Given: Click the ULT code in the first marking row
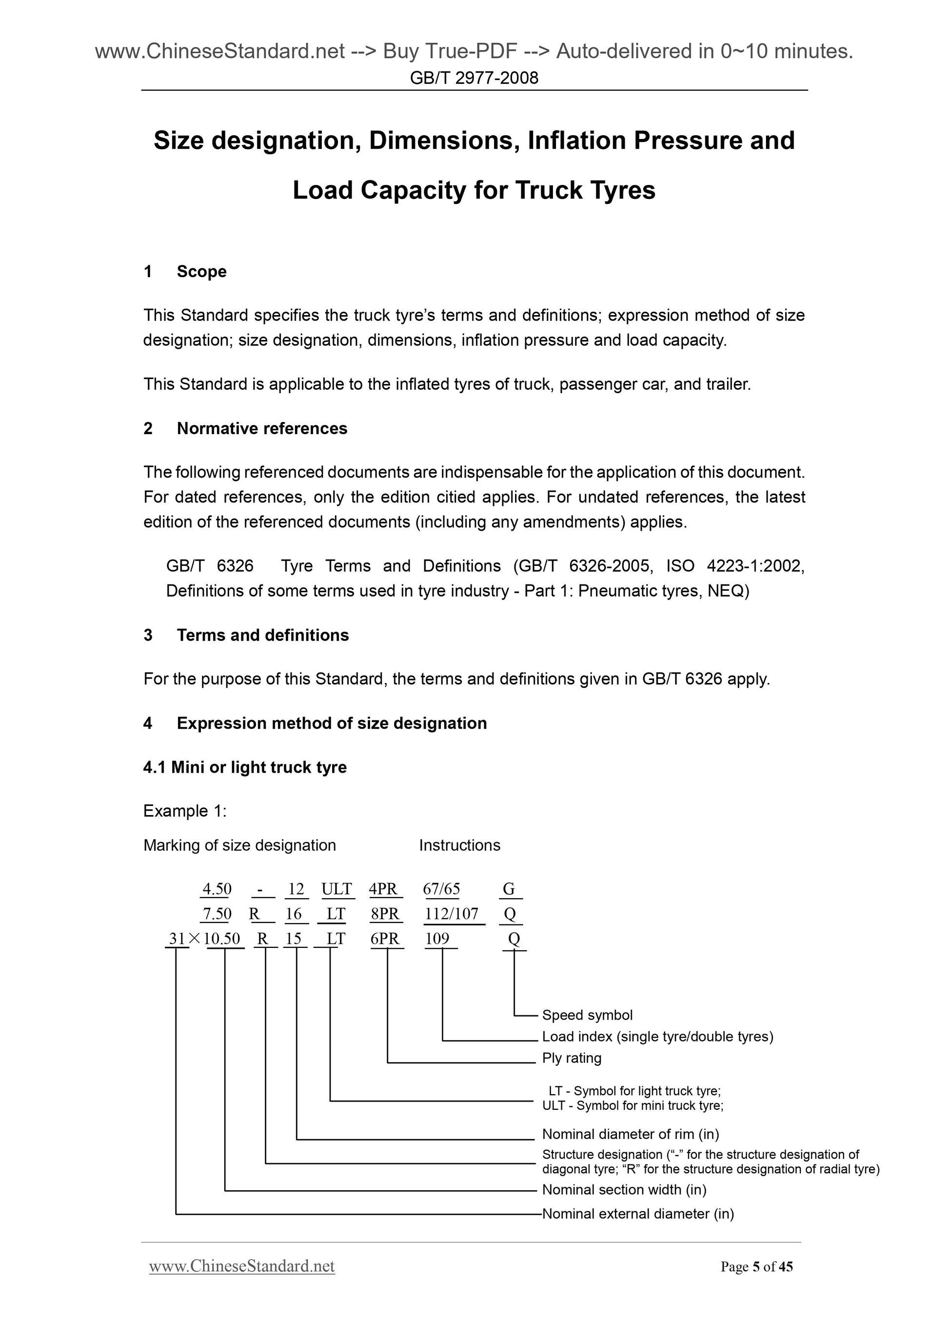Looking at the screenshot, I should click(337, 889).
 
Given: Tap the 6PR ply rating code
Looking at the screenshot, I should click(385, 939).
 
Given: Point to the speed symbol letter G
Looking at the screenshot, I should click(509, 889).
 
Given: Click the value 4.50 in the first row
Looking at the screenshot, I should click(217, 889).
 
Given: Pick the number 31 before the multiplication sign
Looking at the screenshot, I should click(177, 939).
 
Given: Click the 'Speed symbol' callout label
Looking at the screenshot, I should click(587, 1015).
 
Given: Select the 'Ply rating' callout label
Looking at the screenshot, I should click(571, 1058).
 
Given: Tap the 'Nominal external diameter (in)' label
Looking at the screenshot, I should click(637, 1214).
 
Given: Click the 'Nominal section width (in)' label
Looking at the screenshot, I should click(624, 1190).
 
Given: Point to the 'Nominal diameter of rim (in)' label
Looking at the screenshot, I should click(631, 1134).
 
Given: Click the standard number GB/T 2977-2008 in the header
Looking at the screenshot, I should click(474, 78).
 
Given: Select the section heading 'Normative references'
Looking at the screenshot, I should click(262, 429).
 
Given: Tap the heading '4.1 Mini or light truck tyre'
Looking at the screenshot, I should click(244, 767).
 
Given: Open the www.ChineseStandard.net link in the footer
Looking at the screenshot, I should click(241, 1267).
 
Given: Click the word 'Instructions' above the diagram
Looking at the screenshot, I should click(459, 845).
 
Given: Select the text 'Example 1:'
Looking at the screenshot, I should click(185, 811).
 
